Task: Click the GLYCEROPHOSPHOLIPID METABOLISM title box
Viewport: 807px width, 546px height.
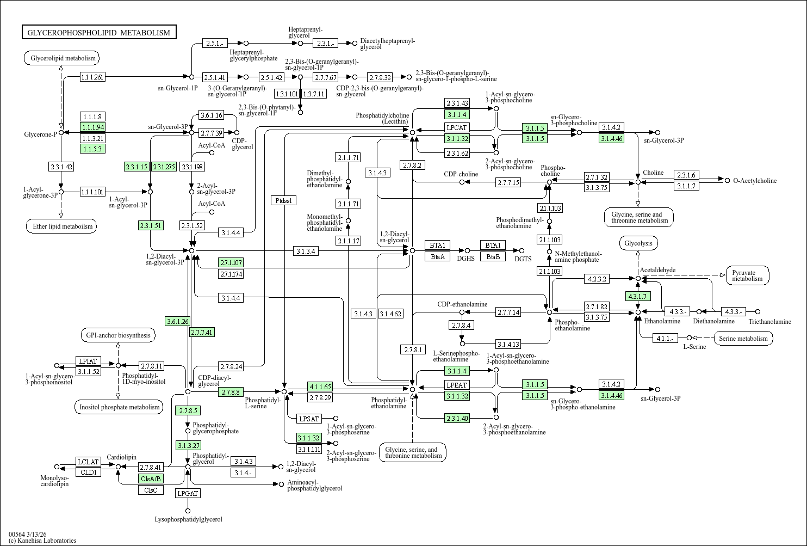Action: point(99,33)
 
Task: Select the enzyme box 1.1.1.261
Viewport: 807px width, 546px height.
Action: point(92,77)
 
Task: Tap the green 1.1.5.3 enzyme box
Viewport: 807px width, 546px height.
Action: point(92,149)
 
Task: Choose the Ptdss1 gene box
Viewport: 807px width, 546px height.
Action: point(283,200)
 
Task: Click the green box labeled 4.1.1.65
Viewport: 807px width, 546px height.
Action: point(320,387)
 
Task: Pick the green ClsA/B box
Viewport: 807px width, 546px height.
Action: point(151,479)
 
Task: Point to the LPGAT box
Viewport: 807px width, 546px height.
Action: point(188,493)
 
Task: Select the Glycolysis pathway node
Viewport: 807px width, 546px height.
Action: point(638,243)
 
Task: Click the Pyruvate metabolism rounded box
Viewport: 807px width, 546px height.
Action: point(747,275)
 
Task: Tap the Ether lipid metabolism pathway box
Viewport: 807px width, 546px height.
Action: point(61,226)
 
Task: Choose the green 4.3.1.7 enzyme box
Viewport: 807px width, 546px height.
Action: point(637,296)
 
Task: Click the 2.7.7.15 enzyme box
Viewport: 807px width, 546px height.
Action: point(508,182)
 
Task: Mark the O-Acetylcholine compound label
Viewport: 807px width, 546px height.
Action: point(755,181)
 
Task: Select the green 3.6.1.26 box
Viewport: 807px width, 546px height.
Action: point(177,321)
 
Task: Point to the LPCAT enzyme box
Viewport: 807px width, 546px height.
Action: point(457,127)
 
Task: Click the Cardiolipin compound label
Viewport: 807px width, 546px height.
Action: point(121,457)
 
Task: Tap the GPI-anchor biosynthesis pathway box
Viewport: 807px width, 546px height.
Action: point(118,335)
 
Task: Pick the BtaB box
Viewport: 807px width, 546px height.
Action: point(493,256)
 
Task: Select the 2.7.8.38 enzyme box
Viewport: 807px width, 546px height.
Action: point(380,77)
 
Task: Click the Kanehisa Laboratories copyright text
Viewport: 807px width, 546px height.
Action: point(42,541)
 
